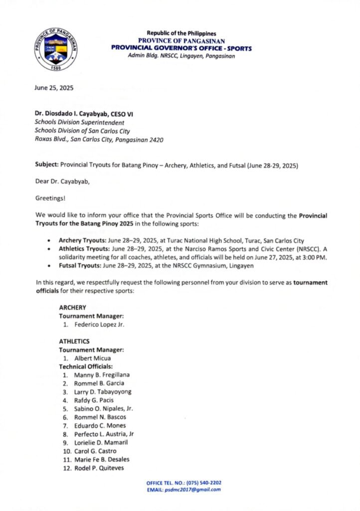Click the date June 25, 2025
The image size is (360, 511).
pos(54,88)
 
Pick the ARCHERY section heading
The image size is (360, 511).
pos(73,307)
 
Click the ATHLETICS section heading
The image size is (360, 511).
pos(74,341)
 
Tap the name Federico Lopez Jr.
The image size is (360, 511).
pos(100,324)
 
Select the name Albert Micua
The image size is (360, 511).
pos(93,358)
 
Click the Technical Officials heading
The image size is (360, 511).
pos(86,366)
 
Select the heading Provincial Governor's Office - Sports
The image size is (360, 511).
pos(181,49)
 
